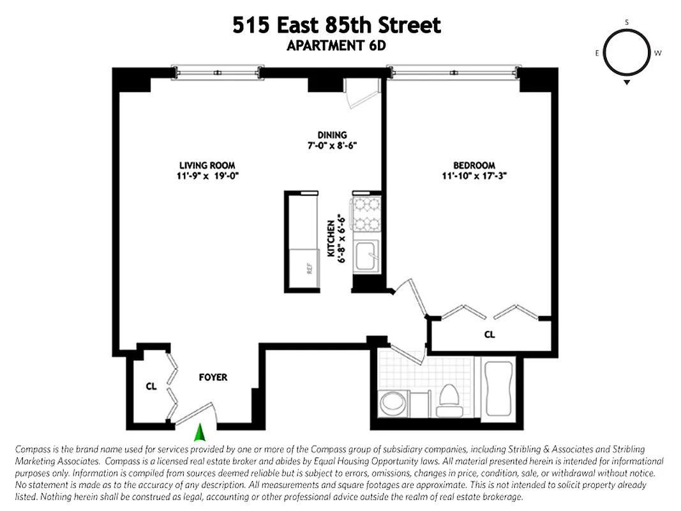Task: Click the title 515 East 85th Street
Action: point(336,25)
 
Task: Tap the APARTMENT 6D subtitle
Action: point(336,45)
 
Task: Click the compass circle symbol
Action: point(627,53)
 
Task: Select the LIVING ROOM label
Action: point(202,165)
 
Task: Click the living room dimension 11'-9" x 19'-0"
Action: point(202,176)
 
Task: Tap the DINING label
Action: point(332,135)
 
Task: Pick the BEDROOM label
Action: point(473,165)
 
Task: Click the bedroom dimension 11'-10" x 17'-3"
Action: point(473,176)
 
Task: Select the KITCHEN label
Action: point(331,240)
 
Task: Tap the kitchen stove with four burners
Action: point(367,214)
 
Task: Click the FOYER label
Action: point(213,378)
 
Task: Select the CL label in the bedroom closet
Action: point(490,334)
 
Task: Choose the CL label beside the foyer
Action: point(151,386)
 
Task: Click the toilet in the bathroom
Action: point(449,400)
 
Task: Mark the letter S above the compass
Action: point(627,22)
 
